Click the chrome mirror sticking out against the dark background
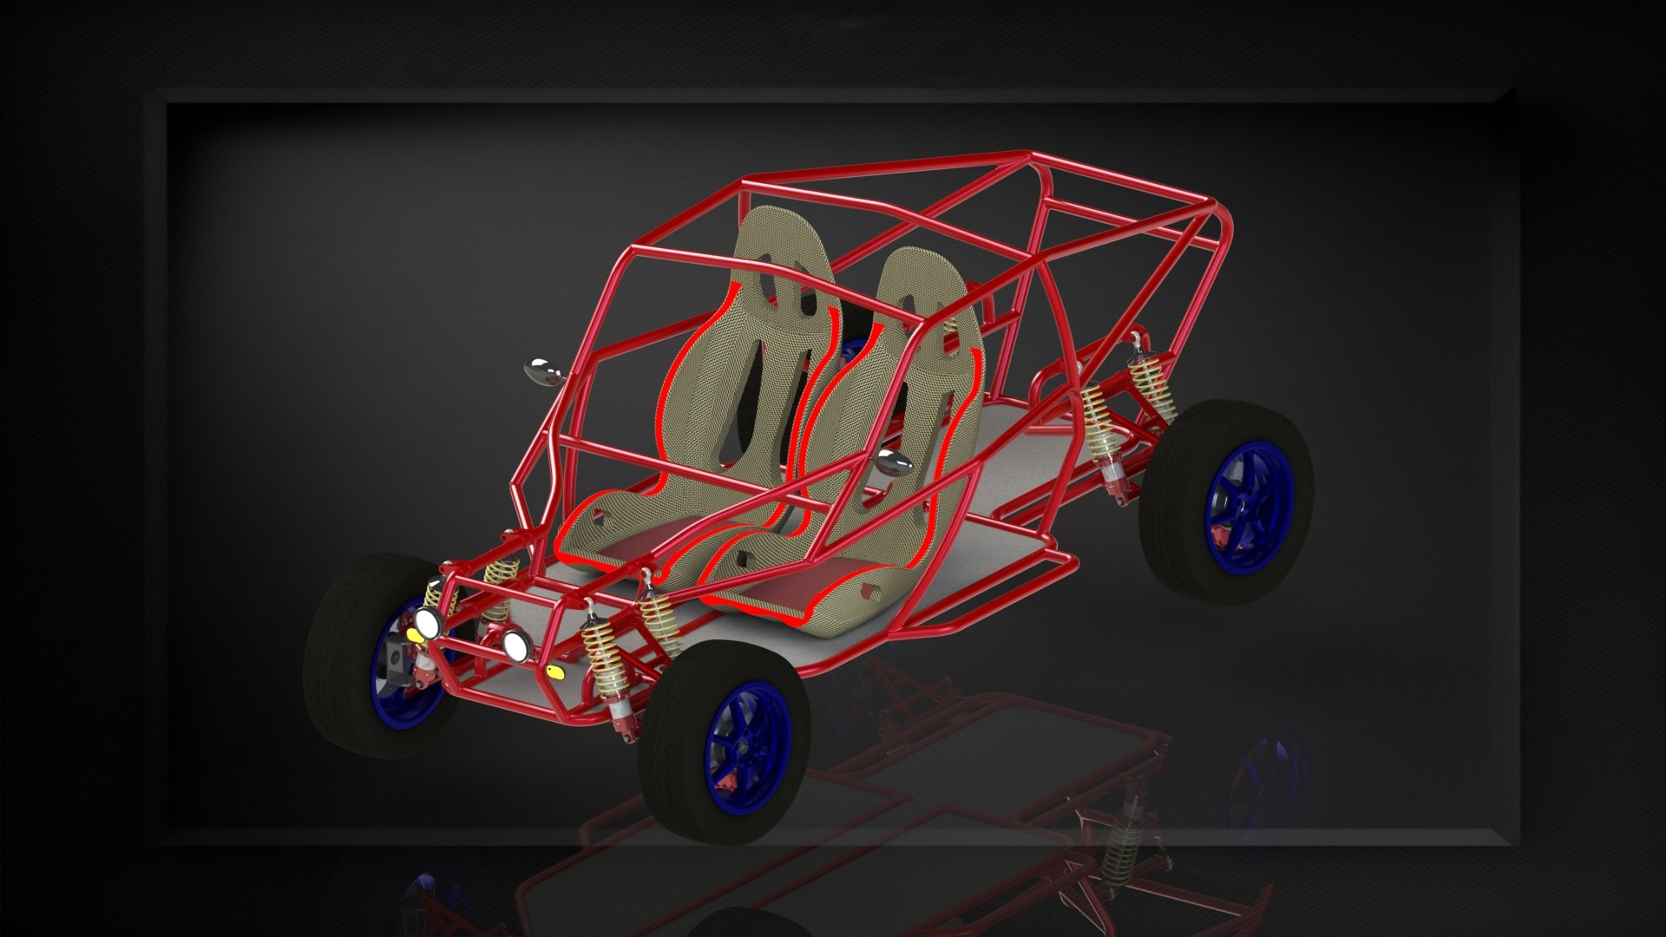pyautogui.click(x=544, y=371)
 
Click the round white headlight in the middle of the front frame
pyautogui.click(x=517, y=643)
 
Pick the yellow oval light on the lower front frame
pyautogui.click(x=555, y=671)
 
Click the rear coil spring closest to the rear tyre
pyautogui.click(x=1151, y=388)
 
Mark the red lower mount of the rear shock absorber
pyautogui.click(x=1114, y=474)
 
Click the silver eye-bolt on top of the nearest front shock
pyautogui.click(x=588, y=604)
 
